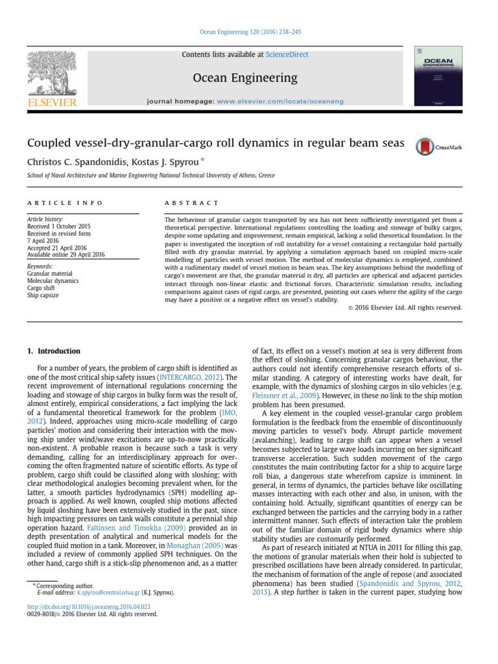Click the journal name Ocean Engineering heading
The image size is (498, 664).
tap(245, 78)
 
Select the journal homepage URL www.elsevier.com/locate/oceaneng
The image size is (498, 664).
tap(279, 101)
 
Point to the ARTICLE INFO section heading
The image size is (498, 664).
tap(65, 203)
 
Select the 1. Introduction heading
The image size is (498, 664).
tap(54, 351)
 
